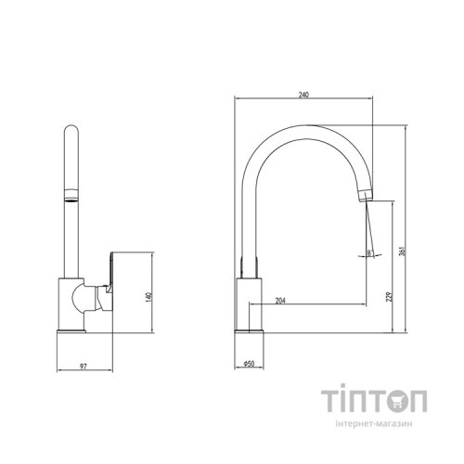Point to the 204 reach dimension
click(280, 299)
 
